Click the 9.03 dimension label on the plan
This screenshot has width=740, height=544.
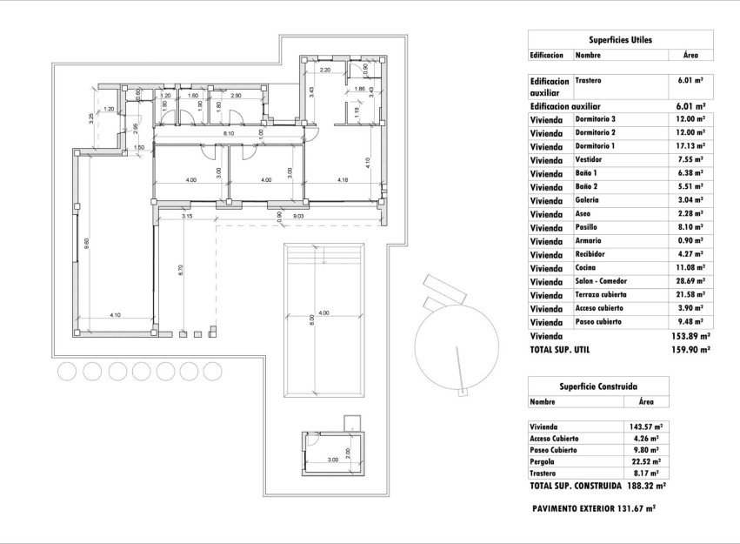pyautogui.click(x=297, y=215)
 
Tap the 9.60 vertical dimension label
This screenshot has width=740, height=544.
pyautogui.click(x=86, y=246)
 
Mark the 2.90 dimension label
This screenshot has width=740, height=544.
pyautogui.click(x=236, y=95)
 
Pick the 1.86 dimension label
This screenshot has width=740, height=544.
pyautogui.click(x=359, y=90)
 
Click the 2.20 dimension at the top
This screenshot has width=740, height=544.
pyautogui.click(x=325, y=70)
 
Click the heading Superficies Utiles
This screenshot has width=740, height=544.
pyautogui.click(x=620, y=40)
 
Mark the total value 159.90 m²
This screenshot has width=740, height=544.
pyautogui.click(x=691, y=349)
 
